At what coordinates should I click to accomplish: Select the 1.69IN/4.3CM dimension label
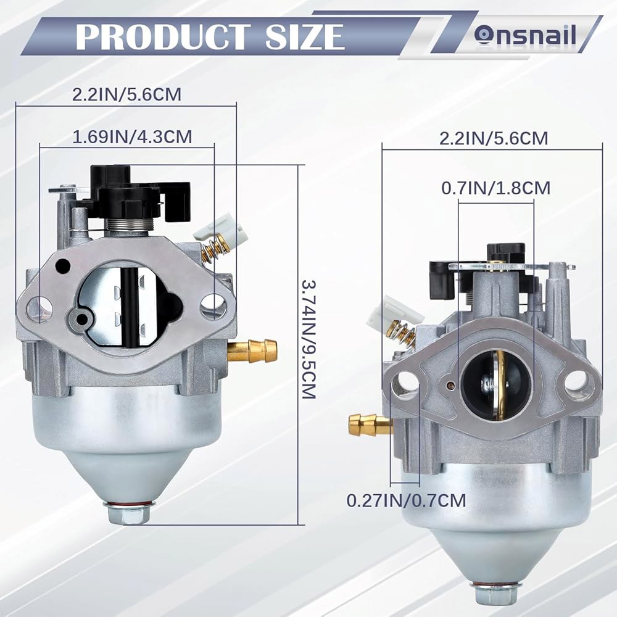(x=132, y=136)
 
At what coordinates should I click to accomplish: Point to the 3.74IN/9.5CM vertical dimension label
(x=309, y=339)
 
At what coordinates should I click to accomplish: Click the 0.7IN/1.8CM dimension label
(x=496, y=188)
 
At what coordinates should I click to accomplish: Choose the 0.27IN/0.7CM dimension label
(x=406, y=500)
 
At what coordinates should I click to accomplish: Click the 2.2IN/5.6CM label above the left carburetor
(x=126, y=94)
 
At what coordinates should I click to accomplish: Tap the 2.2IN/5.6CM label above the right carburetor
(x=494, y=138)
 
